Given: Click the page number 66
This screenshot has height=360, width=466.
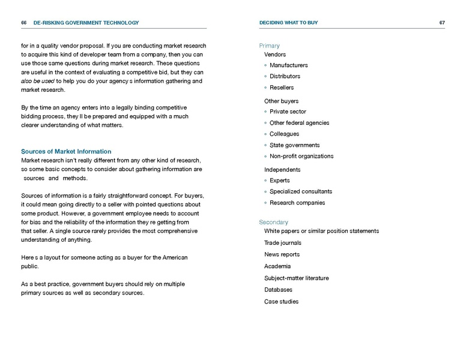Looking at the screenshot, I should point(23,23).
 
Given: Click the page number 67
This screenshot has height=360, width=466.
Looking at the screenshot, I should point(442,23).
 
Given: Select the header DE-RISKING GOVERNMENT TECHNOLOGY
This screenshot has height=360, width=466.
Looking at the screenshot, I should point(86,23).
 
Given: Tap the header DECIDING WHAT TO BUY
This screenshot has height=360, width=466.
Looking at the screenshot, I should point(288,23).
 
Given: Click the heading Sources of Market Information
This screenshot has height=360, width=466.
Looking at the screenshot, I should point(66,151).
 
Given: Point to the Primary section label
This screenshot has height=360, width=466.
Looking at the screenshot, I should point(269,46).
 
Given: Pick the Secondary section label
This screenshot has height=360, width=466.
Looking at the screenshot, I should point(273,222).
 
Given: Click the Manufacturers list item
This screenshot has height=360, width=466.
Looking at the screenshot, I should point(288,65).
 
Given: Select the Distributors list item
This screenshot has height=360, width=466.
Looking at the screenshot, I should point(285,76).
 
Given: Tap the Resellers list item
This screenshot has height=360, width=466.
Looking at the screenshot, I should point(282,88).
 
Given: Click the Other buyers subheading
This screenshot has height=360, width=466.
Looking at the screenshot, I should point(281,101).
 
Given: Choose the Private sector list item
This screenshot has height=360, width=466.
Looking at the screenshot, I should point(288,112).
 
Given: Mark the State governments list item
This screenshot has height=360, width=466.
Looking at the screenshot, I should point(294,145).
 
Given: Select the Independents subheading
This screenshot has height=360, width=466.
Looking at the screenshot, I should point(282,170).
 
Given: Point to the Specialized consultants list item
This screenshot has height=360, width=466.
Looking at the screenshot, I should point(300,191).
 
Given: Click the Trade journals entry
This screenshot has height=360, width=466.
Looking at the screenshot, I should point(282,243).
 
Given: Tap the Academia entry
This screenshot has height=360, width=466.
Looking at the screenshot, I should point(277,266).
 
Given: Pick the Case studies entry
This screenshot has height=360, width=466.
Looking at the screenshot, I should point(281,302).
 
